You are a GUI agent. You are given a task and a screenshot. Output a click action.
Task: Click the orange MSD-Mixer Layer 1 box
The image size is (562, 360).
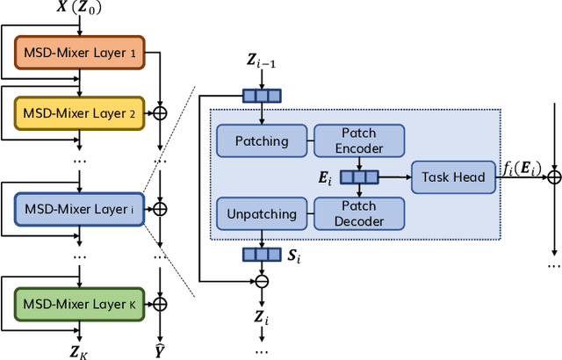click(x=80, y=53)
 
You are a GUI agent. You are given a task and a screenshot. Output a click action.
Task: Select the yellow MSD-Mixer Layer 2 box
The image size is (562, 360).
click(x=80, y=113)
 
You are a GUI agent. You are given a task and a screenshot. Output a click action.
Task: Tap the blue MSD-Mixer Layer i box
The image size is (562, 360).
click(x=80, y=209)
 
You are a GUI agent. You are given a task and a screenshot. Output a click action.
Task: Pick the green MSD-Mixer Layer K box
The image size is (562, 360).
click(x=80, y=304)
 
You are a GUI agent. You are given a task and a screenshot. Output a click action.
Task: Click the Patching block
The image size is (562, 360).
click(x=262, y=140)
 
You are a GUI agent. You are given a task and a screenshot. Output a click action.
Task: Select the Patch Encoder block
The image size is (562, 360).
click(x=359, y=140)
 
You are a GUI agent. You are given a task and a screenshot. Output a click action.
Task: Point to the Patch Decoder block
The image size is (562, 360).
click(x=359, y=213)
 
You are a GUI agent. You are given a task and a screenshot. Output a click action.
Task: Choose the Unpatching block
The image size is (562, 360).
click(x=262, y=213)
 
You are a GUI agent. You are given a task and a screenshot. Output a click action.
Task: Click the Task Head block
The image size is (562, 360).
click(x=453, y=177)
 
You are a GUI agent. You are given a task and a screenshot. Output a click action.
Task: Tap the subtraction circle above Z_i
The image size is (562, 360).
click(x=262, y=281)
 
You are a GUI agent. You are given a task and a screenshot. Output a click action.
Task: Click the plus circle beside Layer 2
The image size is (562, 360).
click(x=160, y=113)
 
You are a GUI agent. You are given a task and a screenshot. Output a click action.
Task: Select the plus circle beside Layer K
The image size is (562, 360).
click(x=160, y=304)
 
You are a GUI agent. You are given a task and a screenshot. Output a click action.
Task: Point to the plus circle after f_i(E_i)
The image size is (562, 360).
click(x=554, y=177)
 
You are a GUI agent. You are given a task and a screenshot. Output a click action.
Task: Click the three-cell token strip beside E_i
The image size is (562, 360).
click(x=359, y=177)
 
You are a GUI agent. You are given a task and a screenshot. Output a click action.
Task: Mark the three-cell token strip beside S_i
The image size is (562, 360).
click(x=262, y=255)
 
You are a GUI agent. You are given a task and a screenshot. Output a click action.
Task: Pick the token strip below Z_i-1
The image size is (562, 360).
click(x=262, y=96)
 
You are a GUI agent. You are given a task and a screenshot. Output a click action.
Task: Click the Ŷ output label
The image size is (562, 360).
click(x=160, y=351)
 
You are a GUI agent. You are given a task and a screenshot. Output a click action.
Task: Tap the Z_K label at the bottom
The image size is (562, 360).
click(x=78, y=352)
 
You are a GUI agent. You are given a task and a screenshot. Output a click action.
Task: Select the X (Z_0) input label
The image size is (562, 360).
click(x=79, y=7)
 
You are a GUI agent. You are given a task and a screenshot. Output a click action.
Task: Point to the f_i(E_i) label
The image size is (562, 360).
click(x=522, y=168)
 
